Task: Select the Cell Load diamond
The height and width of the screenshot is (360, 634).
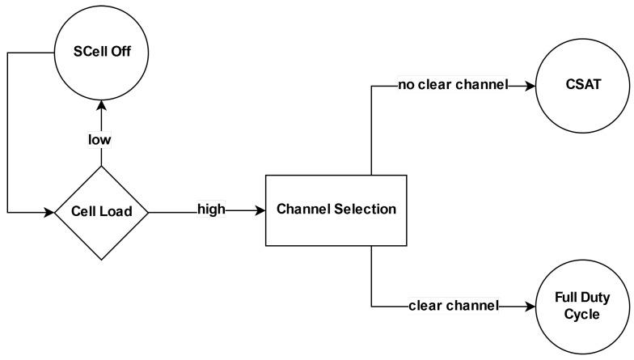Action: pyautogui.click(x=101, y=213)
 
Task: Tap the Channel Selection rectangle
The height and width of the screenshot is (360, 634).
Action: pyautogui.click(x=336, y=210)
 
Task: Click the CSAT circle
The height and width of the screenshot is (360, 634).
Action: pyautogui.click(x=581, y=84)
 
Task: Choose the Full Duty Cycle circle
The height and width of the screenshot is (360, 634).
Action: pyautogui.click(x=581, y=306)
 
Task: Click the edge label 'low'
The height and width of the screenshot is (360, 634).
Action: pyautogui.click(x=100, y=139)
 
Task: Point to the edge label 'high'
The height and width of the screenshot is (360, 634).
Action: pyautogui.click(x=211, y=210)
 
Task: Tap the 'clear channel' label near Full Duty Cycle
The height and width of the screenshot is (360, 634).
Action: pyautogui.click(x=454, y=306)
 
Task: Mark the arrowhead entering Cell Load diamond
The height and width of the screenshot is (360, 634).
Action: pyautogui.click(x=48, y=213)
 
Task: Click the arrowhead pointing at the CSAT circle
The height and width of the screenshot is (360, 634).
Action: pyautogui.click(x=530, y=84)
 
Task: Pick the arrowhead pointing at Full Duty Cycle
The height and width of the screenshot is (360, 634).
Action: pyautogui.click(x=530, y=306)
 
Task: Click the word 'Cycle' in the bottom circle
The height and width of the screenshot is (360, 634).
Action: pyautogui.click(x=581, y=314)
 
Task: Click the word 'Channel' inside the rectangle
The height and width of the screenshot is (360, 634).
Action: pyautogui.click(x=304, y=210)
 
